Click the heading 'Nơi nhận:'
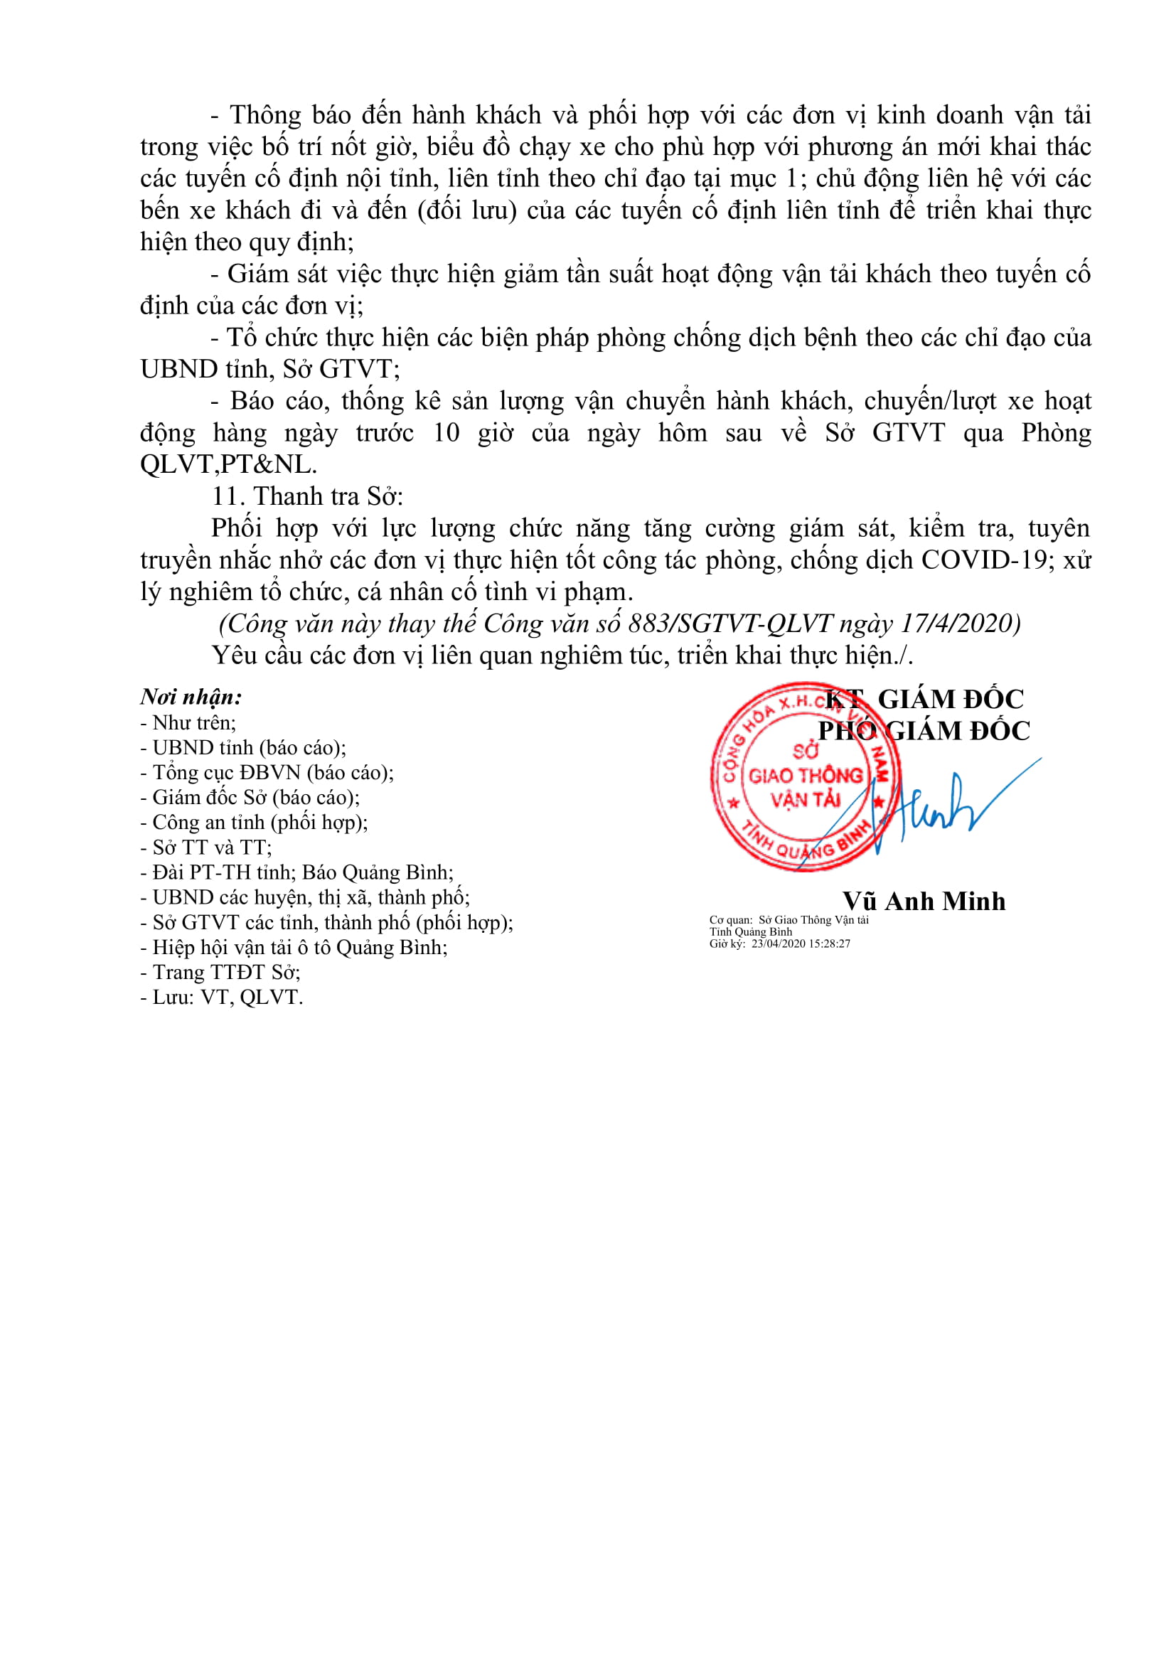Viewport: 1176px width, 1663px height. pyautogui.click(x=191, y=697)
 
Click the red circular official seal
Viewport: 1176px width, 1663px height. pyautogui.click(x=806, y=777)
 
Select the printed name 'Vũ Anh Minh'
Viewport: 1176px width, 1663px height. pyautogui.click(x=924, y=901)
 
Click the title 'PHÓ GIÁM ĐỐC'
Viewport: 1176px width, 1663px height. pyautogui.click(x=924, y=731)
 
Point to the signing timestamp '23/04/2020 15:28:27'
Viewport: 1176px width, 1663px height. pyautogui.click(x=801, y=943)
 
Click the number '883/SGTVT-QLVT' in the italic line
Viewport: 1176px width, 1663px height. pyautogui.click(x=732, y=623)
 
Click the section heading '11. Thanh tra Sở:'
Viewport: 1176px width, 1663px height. pyautogui.click(x=307, y=496)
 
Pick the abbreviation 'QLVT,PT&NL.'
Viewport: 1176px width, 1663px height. pyautogui.click(x=229, y=464)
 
